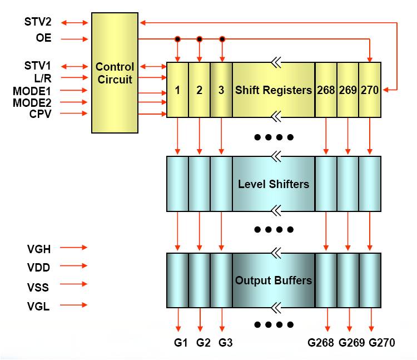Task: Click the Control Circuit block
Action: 115,73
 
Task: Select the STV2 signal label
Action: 38,23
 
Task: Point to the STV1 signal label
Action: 38,66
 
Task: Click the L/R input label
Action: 42,78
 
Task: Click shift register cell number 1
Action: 177,90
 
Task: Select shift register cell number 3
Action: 221,90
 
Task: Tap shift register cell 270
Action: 370,90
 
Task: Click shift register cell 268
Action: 326,90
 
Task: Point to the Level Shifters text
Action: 274,184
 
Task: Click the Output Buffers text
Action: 274,280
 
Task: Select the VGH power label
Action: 38,248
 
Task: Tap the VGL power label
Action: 38,305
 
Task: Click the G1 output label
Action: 179,343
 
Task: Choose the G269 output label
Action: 351,343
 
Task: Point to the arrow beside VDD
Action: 73,267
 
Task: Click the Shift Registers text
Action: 274,90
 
